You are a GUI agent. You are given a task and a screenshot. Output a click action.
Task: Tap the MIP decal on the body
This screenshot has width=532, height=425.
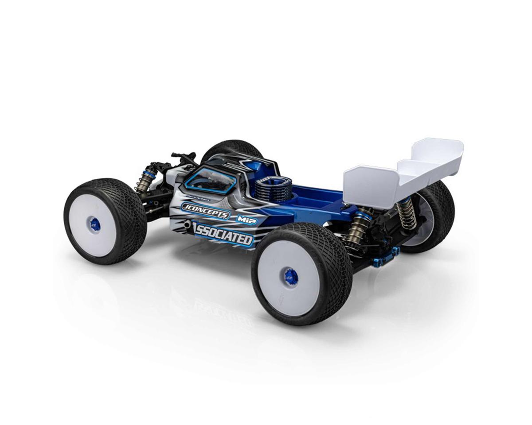(x=247, y=220)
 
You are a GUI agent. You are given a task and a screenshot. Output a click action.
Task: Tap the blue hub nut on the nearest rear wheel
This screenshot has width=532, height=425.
(x=291, y=277)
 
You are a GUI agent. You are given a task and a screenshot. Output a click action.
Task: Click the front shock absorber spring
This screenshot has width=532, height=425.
(x=145, y=179)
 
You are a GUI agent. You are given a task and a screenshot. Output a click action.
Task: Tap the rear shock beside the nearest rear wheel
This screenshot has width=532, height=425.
(x=357, y=227)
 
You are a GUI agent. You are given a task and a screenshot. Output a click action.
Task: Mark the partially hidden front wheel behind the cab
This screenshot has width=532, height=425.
(x=231, y=149)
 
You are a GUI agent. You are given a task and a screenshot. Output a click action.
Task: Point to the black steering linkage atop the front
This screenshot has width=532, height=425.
(x=184, y=156)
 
